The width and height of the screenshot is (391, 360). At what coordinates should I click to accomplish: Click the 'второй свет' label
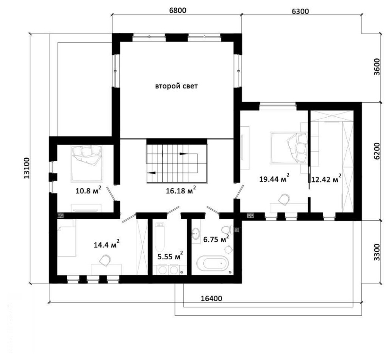coord(176,86)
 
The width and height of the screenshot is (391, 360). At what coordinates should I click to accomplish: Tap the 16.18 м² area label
coord(181,190)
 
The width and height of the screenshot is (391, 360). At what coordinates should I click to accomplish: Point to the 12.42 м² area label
coord(326,178)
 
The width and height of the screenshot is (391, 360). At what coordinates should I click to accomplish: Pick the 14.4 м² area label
coord(106,244)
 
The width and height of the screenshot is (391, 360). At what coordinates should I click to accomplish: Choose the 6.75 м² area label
coord(216,239)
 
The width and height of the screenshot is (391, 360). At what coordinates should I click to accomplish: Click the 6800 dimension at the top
coord(178,11)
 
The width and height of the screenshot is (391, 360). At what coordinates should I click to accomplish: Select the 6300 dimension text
coord(300,11)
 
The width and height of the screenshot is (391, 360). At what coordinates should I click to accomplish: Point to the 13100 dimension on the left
coord(27,168)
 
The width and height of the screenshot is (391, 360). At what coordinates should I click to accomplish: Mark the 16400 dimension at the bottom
coord(211,298)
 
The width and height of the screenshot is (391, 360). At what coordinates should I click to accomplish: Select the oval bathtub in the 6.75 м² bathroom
coord(212,263)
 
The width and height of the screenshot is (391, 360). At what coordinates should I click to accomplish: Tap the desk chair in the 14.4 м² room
coord(105,261)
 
